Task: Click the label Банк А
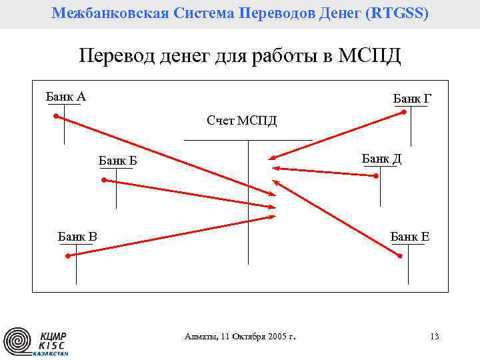(x=65, y=97)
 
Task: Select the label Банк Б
(x=117, y=161)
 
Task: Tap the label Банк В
(x=77, y=236)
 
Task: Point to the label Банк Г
(x=412, y=99)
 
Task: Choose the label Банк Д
(x=381, y=159)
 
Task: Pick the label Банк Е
(x=409, y=236)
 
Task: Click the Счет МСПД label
(x=241, y=121)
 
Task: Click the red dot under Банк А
(x=57, y=116)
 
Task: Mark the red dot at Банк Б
(x=103, y=180)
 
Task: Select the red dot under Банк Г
(x=404, y=113)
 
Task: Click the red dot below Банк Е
(x=400, y=254)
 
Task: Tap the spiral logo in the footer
(x=17, y=341)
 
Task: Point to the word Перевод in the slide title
(x=116, y=55)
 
